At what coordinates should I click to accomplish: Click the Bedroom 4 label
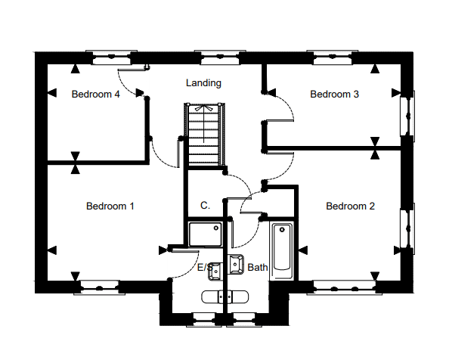click(96, 95)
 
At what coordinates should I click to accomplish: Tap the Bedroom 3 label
click(334, 95)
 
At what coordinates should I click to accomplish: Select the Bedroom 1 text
click(110, 206)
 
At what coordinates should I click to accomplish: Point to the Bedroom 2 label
click(350, 206)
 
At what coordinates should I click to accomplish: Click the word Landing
click(203, 83)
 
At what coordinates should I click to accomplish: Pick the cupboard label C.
click(205, 206)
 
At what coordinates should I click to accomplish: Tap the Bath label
click(258, 267)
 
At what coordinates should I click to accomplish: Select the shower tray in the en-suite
click(206, 234)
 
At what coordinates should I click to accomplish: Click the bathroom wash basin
click(237, 265)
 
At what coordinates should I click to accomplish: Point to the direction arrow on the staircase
click(203, 124)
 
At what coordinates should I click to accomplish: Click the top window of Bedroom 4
click(111, 57)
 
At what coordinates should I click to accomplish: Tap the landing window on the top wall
click(220, 57)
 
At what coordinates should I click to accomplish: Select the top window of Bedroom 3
click(332, 57)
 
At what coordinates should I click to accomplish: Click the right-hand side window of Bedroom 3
click(407, 116)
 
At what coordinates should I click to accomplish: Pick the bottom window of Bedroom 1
click(99, 287)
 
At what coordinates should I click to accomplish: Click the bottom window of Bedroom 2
click(344, 287)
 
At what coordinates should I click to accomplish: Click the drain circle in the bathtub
click(282, 230)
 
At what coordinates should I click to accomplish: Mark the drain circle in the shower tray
click(216, 228)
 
